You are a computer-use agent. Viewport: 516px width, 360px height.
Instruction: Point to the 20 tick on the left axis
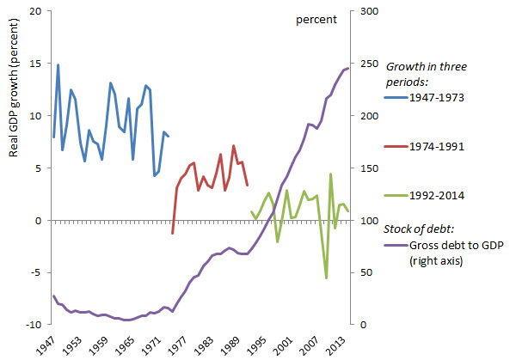tap(35, 11)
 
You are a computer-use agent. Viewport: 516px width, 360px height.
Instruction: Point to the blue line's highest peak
tap(58, 64)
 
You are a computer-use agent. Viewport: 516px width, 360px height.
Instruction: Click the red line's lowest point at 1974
tap(172, 234)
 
